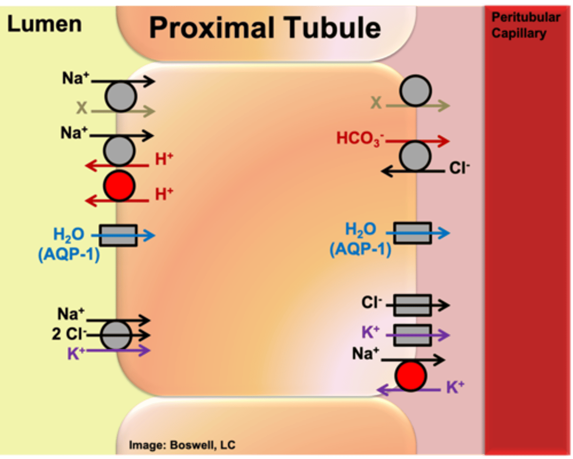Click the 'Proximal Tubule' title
[265, 28]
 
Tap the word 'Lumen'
[44, 24]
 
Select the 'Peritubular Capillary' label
[525, 25]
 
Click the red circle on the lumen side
[119, 186]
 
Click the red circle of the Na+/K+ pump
[411, 376]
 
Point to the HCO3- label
[360, 139]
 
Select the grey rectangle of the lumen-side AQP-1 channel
[118, 235]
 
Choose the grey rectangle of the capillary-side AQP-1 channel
[413, 233]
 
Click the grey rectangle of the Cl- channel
[412, 305]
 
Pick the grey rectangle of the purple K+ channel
[412, 335]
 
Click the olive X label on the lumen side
[82, 108]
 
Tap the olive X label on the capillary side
[376, 103]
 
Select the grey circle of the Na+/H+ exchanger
[119, 151]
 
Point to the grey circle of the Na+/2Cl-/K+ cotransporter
[116, 336]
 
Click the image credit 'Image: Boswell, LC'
[182, 445]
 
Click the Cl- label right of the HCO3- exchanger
[459, 168]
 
